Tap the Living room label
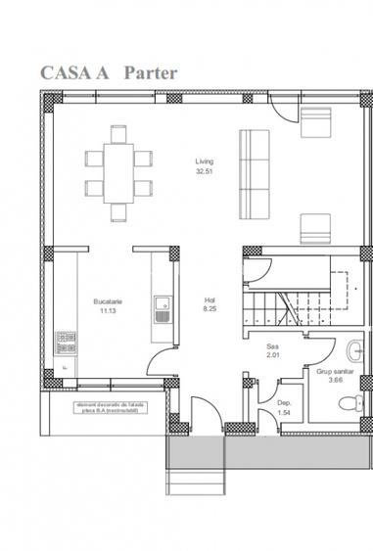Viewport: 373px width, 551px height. click(x=204, y=161)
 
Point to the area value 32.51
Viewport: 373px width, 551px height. click(x=204, y=171)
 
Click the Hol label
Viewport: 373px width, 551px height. click(x=209, y=300)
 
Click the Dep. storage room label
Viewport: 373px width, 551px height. click(x=284, y=403)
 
